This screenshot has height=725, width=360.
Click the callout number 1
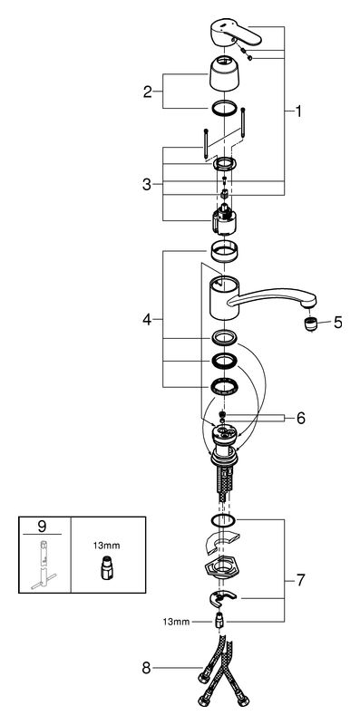pyautogui.click(x=298, y=111)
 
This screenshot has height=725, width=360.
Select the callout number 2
pyautogui.click(x=148, y=92)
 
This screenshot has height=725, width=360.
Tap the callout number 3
pyautogui.click(x=147, y=185)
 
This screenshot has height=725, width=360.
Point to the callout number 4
pyautogui.click(x=147, y=319)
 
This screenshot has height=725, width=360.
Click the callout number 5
pyautogui.click(x=338, y=323)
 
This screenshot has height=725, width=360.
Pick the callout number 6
pyautogui.click(x=301, y=419)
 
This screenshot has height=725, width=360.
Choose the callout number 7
pyautogui.click(x=301, y=579)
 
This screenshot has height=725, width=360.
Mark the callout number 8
pyautogui.click(x=147, y=668)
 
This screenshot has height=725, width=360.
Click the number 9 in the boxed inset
pyautogui.click(x=42, y=526)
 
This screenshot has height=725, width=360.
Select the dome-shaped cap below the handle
pyautogui.click(x=224, y=73)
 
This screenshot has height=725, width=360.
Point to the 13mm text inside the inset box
pyautogui.click(x=106, y=546)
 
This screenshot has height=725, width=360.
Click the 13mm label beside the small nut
pyautogui.click(x=176, y=622)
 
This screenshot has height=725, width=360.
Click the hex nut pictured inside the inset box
pyautogui.click(x=106, y=567)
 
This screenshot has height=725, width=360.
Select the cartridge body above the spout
pyautogui.click(x=224, y=220)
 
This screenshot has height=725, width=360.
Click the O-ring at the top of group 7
pyautogui.click(x=224, y=520)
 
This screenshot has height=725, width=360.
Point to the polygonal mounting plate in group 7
pyautogui.click(x=223, y=567)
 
